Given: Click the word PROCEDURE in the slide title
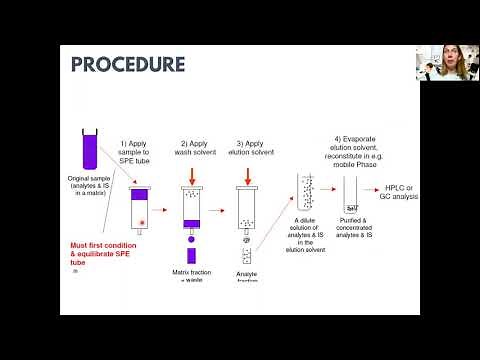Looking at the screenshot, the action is click(x=128, y=64).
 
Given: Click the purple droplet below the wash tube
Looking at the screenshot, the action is click(x=191, y=239).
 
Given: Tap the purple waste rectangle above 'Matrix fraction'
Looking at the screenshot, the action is click(x=191, y=255).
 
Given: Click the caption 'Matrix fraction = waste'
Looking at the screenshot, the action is click(x=191, y=276).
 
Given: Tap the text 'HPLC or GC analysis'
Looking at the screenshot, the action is click(x=407, y=193).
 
